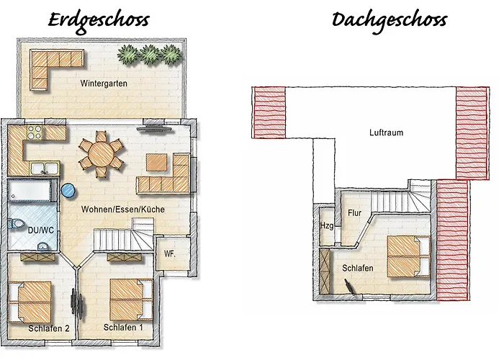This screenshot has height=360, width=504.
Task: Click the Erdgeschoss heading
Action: coord(99,19)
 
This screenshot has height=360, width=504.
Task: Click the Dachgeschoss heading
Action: coord(389,19)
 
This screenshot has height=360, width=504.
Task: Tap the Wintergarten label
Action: coord(103,84)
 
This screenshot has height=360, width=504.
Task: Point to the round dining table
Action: coord(100,152)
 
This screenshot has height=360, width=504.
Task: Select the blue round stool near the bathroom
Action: coord(68,191)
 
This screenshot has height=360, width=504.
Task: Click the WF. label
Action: coord(170,254)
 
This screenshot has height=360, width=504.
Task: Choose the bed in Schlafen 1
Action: coord(131,299)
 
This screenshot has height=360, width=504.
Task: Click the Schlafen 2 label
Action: coord(49,329)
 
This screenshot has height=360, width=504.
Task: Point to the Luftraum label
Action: coord(386,132)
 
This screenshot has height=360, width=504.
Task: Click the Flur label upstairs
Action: coord(354,213)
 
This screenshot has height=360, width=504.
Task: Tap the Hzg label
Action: coord(326,226)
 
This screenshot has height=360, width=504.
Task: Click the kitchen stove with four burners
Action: coord(34,132)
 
